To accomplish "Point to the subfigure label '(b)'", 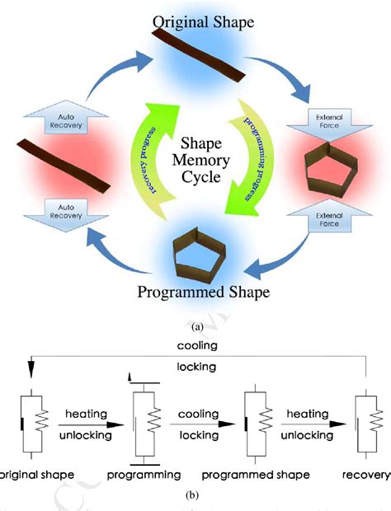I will [x=195, y=497].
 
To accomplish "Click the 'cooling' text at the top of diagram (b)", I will [x=195, y=345].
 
